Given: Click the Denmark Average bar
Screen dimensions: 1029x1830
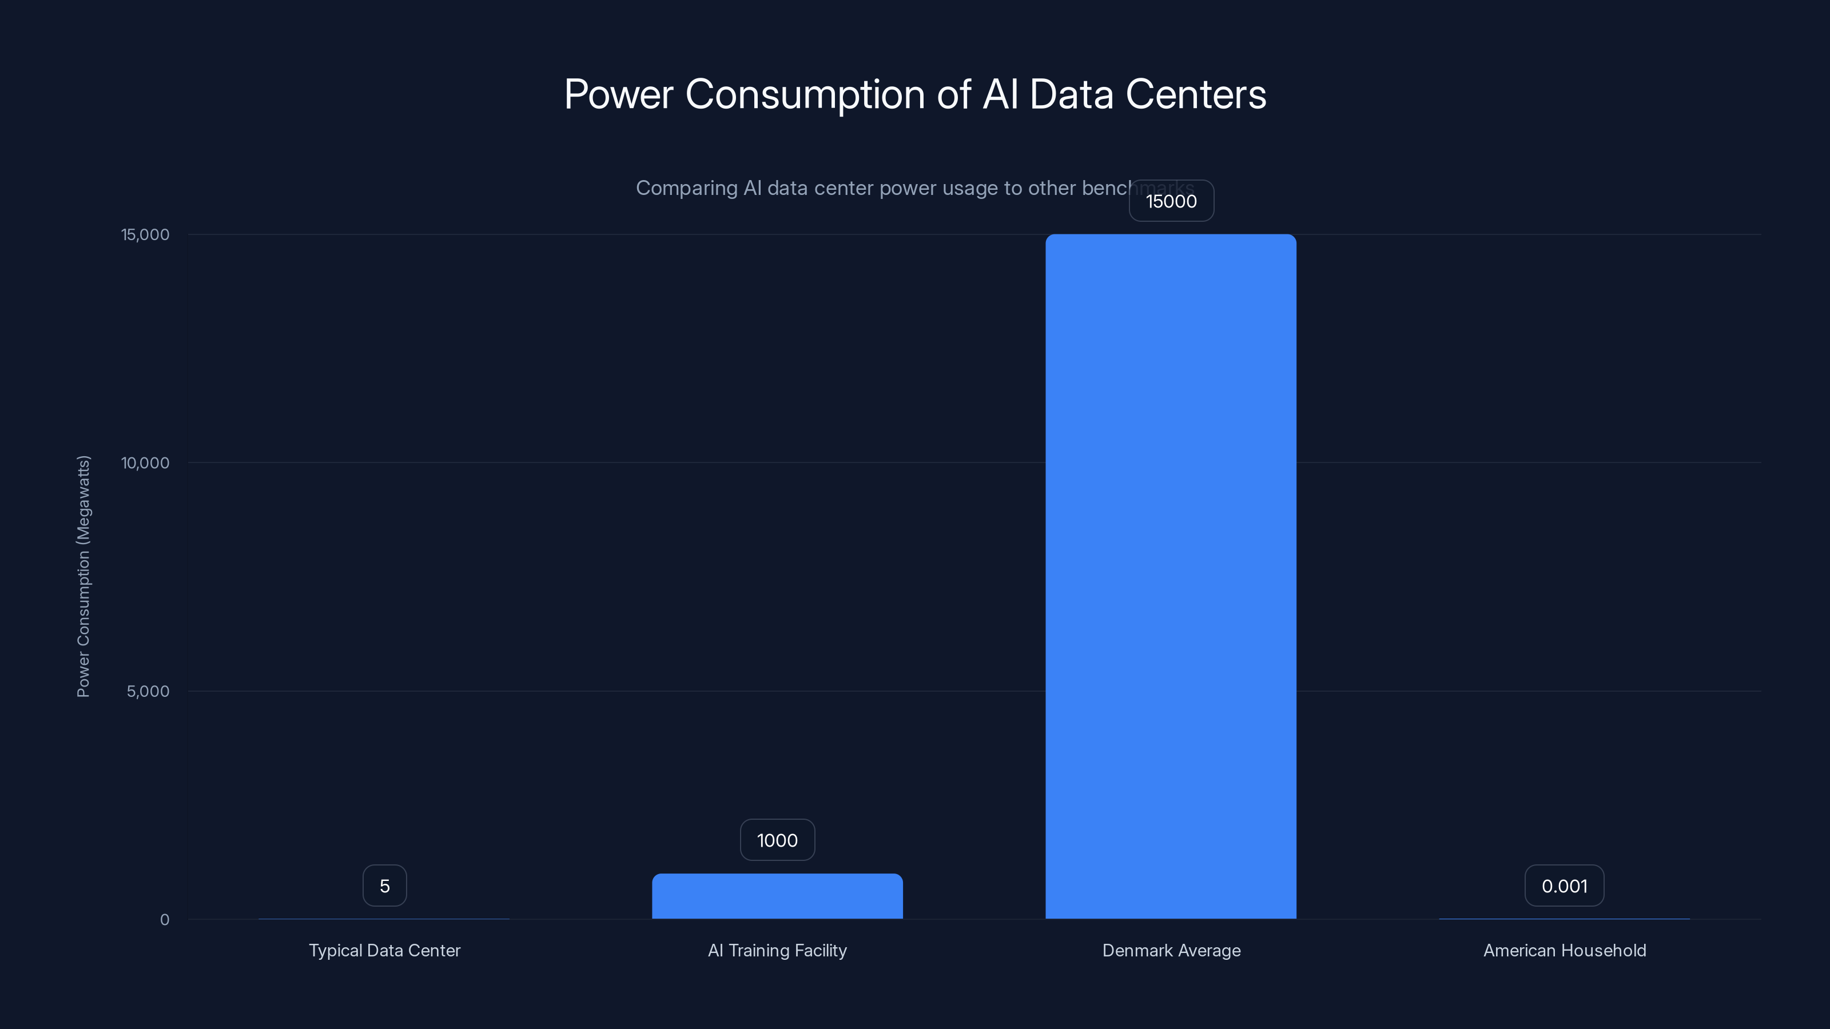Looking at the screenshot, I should (1171, 576).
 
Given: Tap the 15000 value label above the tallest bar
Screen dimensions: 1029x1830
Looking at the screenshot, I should (1171, 201).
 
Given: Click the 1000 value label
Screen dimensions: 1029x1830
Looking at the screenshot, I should (777, 840).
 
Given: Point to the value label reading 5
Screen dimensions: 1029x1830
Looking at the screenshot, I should (384, 886).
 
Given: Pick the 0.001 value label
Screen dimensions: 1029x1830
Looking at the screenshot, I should (1564, 886).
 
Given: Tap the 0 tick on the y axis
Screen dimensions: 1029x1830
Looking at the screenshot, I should (165, 920).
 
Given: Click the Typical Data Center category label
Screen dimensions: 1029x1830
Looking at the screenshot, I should (384, 950).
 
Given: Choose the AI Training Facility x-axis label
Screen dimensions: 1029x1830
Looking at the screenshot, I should (777, 950).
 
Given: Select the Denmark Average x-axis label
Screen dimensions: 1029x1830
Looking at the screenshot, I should (1171, 950).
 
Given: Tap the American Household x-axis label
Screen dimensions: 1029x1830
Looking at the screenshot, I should (1564, 950).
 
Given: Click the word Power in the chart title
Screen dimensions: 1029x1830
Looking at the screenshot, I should (618, 94).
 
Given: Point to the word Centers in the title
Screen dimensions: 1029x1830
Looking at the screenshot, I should (1196, 94).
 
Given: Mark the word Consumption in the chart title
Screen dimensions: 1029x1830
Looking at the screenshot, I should (805, 94).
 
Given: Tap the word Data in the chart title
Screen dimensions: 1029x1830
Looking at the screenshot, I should (1071, 94).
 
